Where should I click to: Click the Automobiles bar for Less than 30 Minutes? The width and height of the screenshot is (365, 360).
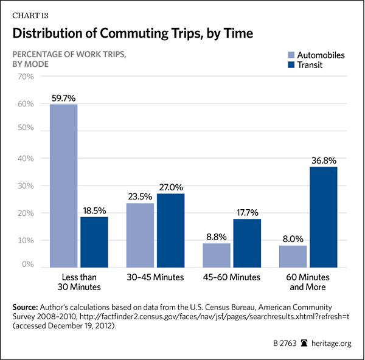pos(63,185)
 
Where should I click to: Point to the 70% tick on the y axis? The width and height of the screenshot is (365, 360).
pos(25,77)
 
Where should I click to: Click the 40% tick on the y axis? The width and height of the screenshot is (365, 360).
pos(25,158)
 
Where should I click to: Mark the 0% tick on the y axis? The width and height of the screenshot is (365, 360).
pos(27,265)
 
